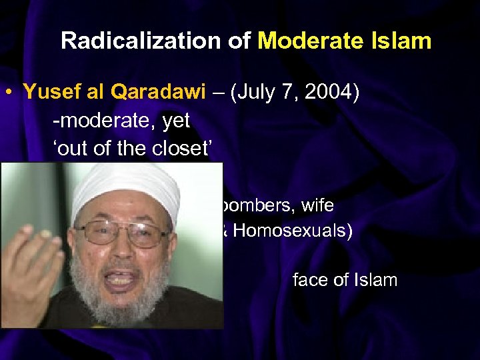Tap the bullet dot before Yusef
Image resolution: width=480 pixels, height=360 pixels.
[x=11, y=92]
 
